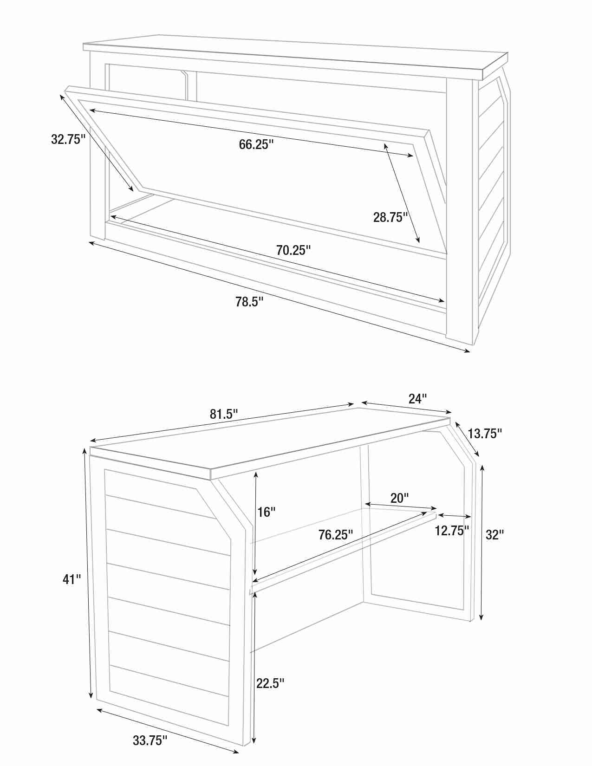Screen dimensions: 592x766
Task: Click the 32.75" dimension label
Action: click(68, 139)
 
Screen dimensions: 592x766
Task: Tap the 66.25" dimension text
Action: click(256, 144)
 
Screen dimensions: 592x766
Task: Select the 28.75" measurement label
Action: click(390, 217)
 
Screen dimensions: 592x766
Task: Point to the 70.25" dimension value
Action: click(293, 250)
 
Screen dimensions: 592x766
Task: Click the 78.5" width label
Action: click(250, 302)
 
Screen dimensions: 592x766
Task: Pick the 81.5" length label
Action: click(224, 414)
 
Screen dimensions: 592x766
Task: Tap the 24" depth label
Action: click(418, 399)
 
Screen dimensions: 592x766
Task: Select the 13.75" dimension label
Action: click(485, 434)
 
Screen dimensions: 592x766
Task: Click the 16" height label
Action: click(266, 512)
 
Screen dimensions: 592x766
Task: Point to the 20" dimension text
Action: click(399, 498)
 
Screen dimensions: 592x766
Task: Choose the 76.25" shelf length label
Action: click(336, 535)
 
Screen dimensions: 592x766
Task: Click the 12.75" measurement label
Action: click(452, 531)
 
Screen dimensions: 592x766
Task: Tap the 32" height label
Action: click(495, 535)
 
